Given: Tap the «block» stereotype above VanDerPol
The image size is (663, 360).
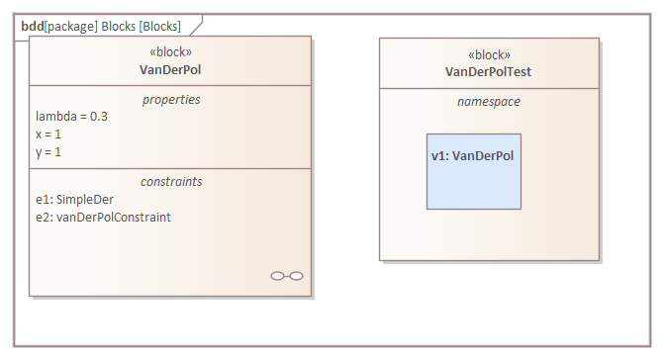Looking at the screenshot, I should (x=170, y=52).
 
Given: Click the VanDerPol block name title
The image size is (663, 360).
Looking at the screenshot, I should (x=170, y=69).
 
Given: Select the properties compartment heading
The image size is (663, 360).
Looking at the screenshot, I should (x=170, y=100).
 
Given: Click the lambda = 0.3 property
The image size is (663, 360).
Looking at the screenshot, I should (x=71, y=117).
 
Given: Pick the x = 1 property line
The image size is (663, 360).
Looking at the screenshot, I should (x=48, y=135).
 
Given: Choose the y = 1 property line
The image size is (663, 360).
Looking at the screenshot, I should (x=48, y=152).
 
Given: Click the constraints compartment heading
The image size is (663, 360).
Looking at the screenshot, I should (x=170, y=182).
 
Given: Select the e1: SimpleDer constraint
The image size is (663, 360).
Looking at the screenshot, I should (x=74, y=200).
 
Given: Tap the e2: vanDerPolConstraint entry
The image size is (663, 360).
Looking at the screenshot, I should (x=102, y=218).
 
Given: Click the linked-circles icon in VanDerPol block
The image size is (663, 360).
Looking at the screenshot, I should (x=286, y=276).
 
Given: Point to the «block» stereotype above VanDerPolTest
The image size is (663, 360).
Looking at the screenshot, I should (x=489, y=55).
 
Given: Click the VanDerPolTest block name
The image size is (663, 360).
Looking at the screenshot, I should (x=489, y=71).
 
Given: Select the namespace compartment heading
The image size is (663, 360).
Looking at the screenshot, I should (x=489, y=102).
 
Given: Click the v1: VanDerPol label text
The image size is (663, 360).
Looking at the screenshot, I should (x=473, y=156).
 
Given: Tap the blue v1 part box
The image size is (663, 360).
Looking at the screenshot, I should (x=473, y=183).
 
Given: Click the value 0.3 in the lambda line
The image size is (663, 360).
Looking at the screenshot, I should (x=98, y=117).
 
